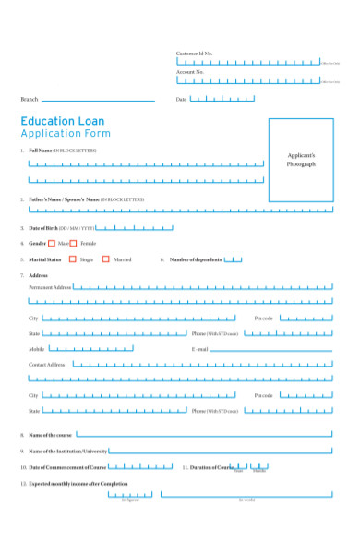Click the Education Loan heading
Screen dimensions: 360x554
[63, 121]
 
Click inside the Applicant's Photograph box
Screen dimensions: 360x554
[301, 159]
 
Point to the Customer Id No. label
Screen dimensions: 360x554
[195, 54]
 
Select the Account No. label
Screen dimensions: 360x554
[190, 71]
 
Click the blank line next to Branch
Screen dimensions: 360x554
[98, 100]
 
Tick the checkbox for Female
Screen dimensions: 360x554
[74, 243]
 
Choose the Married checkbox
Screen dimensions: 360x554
[106, 259]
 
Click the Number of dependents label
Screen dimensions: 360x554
[196, 259]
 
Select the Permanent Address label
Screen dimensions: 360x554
[50, 287]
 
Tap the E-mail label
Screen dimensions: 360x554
[200, 350]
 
